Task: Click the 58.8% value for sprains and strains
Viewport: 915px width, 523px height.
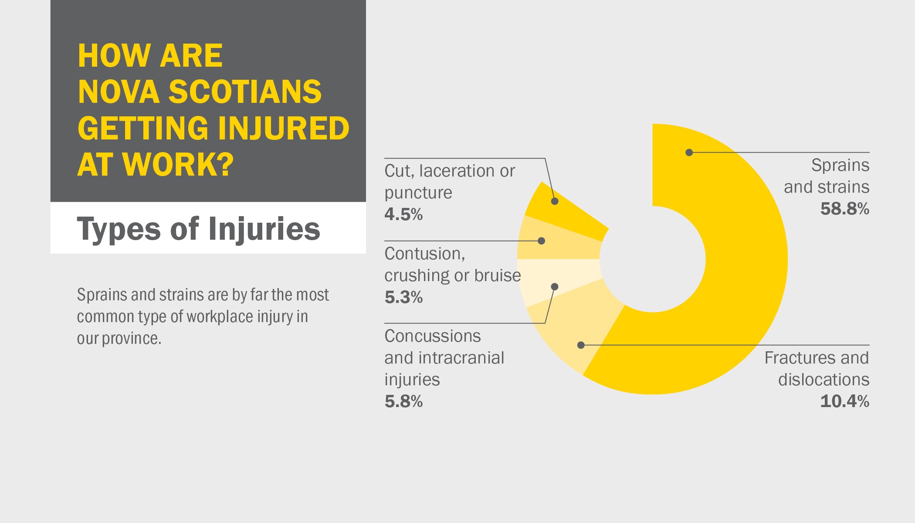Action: pyautogui.click(x=844, y=209)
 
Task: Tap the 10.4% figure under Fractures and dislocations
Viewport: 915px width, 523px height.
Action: pyautogui.click(x=844, y=401)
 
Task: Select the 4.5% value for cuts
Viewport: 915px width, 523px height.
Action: pyautogui.click(x=403, y=214)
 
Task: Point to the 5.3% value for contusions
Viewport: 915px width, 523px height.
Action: pyautogui.click(x=403, y=297)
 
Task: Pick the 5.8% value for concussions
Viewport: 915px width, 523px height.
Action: pyautogui.click(x=403, y=401)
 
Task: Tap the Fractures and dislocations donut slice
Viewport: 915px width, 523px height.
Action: pyautogui.click(x=575, y=331)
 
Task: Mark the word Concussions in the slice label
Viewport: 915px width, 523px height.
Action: pyautogui.click(x=433, y=336)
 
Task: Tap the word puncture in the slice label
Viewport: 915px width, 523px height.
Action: pyautogui.click(x=418, y=193)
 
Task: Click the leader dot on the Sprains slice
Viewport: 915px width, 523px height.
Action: pyautogui.click(x=689, y=153)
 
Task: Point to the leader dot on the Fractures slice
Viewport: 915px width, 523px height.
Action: pyautogui.click(x=581, y=345)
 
